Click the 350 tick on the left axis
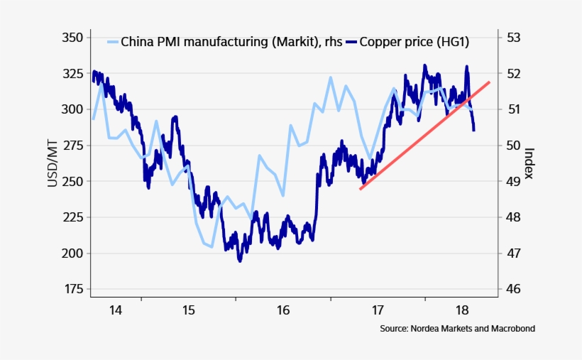click(x=72, y=37)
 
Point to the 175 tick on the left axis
click(x=72, y=289)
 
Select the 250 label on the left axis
click(x=72, y=181)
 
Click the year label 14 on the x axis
click(x=116, y=310)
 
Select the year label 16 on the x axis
click(x=283, y=310)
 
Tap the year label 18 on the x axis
click(x=462, y=310)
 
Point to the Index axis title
click(x=529, y=163)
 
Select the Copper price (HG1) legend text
click(x=414, y=42)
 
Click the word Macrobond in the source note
click(x=511, y=329)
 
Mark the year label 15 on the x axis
click(x=188, y=310)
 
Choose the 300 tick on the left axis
click(x=72, y=109)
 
